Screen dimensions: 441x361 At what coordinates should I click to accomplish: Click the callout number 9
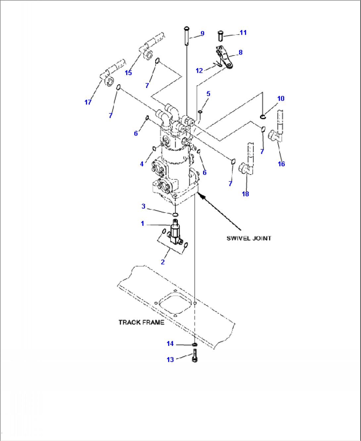pyautogui.click(x=202, y=33)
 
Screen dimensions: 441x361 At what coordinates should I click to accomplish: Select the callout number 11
pyautogui.click(x=243, y=32)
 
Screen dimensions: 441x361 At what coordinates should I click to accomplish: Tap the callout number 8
pyautogui.click(x=240, y=52)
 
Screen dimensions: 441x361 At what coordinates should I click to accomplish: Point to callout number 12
pyautogui.click(x=199, y=71)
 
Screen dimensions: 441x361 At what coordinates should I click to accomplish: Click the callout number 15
pyautogui.click(x=128, y=73)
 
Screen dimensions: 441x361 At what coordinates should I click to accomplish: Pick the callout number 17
pyautogui.click(x=88, y=102)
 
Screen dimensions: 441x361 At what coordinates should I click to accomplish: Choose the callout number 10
pyautogui.click(x=281, y=99)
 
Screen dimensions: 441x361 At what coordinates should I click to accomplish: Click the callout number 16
pyautogui.click(x=281, y=164)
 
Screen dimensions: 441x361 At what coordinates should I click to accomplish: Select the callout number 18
pyautogui.click(x=245, y=194)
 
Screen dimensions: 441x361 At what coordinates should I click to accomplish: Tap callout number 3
pyautogui.click(x=143, y=206)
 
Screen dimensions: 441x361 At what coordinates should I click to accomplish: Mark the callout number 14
pyautogui.click(x=170, y=344)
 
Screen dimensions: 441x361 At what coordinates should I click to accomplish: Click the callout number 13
pyautogui.click(x=170, y=359)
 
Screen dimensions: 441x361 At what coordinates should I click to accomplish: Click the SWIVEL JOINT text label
pyautogui.click(x=249, y=238)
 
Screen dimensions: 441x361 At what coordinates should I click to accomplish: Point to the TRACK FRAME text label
pyautogui.click(x=141, y=322)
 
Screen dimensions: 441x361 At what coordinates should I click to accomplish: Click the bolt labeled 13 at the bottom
pyautogui.click(x=194, y=357)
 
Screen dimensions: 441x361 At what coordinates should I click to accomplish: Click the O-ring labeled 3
pyautogui.click(x=175, y=215)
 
